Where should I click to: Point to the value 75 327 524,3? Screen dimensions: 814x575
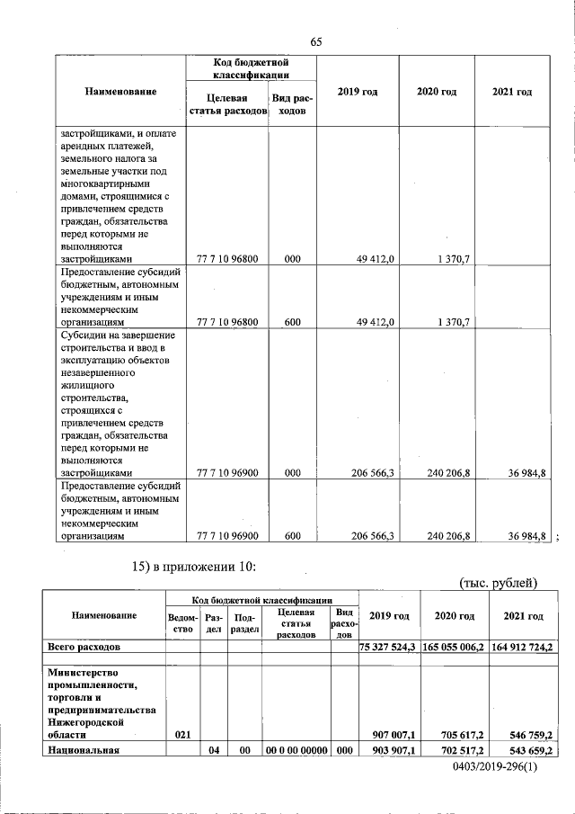coord(388,646)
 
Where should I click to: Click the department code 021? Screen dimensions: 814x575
coord(182,734)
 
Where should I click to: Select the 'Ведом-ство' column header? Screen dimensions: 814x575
coord(182,622)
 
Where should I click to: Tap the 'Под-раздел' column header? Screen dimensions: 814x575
coord(243,622)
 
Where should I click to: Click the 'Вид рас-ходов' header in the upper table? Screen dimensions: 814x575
coord(292,104)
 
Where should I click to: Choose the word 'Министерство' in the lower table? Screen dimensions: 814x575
coord(86,672)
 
